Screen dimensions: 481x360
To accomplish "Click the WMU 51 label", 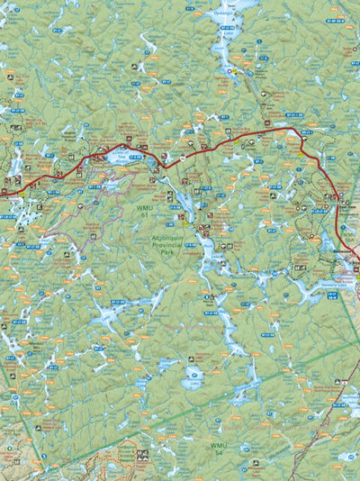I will tap(143, 212).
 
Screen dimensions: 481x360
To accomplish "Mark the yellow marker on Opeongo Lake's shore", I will tap(231, 71).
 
